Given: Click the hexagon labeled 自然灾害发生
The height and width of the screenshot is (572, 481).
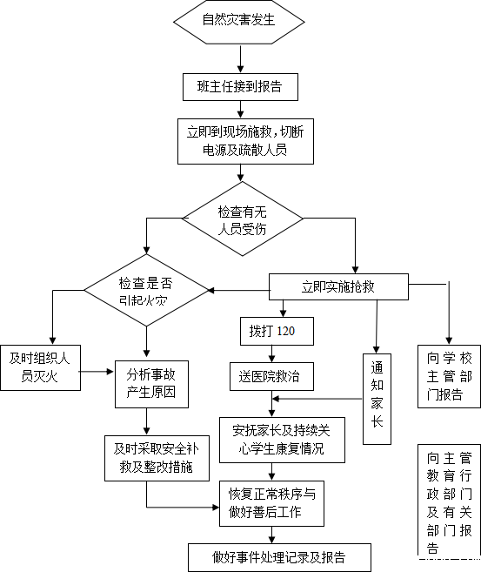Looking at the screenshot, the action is point(238,22).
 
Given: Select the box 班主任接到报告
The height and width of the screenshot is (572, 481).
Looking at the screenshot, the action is point(240,87).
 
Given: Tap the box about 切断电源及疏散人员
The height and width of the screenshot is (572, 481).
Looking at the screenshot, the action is point(245,141).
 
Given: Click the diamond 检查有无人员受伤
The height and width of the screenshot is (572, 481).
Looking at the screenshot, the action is point(243,219).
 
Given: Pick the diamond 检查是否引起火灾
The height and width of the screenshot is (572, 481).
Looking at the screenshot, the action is point(146,291).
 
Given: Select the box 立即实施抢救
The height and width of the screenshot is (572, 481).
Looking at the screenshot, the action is point(338,286).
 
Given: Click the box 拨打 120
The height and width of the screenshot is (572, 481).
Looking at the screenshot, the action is point(277,331).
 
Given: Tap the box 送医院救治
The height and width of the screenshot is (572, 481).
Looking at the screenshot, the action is point(271,376).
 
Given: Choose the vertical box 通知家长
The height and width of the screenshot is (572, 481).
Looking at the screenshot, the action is point(377,399).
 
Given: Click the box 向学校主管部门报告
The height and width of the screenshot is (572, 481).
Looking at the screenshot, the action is point(449,376).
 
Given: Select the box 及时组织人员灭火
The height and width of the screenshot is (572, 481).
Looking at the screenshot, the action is point(40,367).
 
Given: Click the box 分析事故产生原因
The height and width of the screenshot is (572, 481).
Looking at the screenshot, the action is point(151,384).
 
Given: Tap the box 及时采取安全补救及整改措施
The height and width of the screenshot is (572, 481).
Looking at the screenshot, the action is point(157,458).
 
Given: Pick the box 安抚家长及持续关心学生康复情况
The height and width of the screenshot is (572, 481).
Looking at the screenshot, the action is point(282,441).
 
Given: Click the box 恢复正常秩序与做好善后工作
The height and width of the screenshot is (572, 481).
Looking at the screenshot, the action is point(271,503).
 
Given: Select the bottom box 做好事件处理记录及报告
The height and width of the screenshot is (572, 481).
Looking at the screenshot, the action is point(279,557).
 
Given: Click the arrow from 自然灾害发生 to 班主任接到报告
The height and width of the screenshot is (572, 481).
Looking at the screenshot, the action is point(240,58).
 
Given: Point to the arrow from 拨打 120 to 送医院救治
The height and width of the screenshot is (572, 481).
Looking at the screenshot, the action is point(271,353).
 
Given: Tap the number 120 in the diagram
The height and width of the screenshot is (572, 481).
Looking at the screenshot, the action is point(286,331).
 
